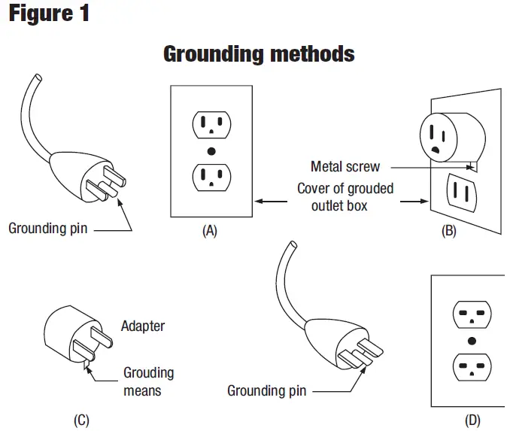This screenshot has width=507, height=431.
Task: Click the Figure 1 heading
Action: (x=49, y=14)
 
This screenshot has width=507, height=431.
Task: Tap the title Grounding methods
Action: (x=259, y=53)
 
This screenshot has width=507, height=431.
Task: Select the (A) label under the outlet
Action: (x=210, y=231)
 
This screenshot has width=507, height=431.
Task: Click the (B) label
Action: (x=449, y=231)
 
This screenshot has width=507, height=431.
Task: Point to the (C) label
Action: (x=81, y=420)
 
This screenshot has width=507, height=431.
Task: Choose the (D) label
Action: (x=472, y=420)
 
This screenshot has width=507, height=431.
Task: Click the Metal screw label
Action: (x=345, y=166)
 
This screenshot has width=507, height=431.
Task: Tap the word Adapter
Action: (x=143, y=326)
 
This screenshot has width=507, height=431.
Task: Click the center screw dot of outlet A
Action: (x=211, y=151)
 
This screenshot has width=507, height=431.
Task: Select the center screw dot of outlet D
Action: (x=472, y=341)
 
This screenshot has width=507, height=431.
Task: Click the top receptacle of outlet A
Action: (x=211, y=124)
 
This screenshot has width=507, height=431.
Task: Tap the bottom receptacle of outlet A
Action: (x=211, y=178)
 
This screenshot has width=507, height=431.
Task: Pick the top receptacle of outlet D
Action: (x=472, y=314)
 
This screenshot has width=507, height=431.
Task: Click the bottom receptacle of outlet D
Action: (x=472, y=367)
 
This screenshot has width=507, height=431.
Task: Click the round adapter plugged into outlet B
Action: (x=452, y=137)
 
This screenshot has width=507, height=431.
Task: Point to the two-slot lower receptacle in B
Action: (x=461, y=193)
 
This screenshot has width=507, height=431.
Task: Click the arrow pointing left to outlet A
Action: (x=271, y=202)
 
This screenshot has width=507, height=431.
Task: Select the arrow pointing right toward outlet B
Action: (x=414, y=202)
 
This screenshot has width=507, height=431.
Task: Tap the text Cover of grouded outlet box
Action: (x=345, y=197)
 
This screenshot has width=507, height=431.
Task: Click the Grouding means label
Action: (x=149, y=381)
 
